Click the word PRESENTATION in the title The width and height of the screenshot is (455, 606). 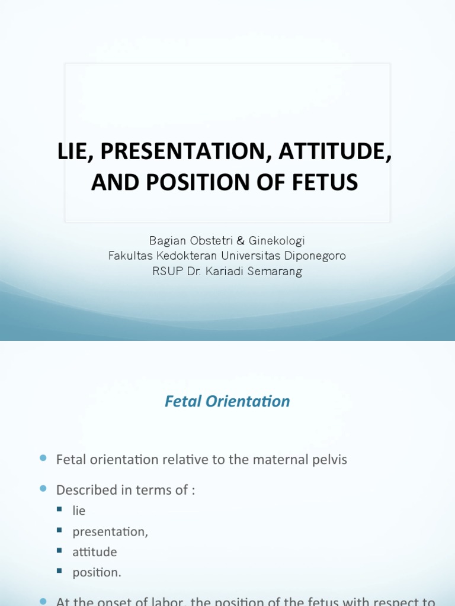tap(181, 152)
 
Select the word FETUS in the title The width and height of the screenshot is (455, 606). tap(331, 183)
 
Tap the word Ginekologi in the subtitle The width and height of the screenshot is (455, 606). tap(277, 241)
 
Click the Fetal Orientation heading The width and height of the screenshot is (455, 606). tap(227, 401)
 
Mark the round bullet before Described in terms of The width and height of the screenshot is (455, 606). tap(43, 488)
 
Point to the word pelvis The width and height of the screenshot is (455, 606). tap(326, 460)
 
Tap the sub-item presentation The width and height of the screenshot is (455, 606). tap(110, 531)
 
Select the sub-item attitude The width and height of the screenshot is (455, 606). tap(95, 552)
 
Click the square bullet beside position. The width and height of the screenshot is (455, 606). tap(60, 570)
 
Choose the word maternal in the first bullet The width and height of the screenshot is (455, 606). tap(274, 460)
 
